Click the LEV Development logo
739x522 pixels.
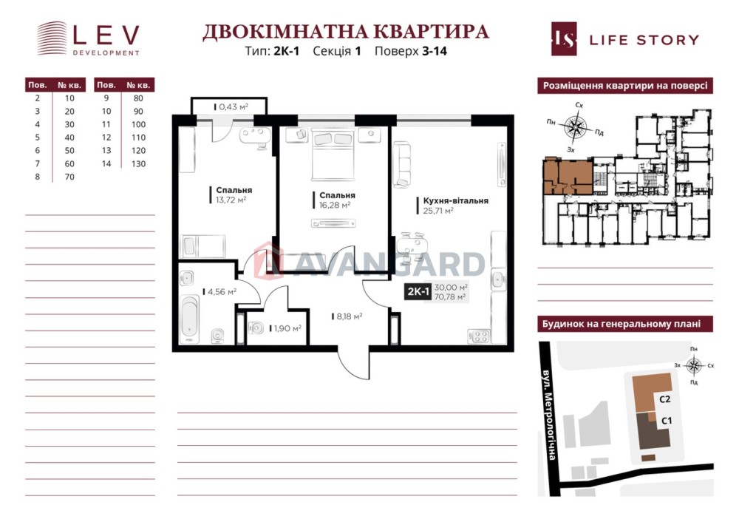[x=88, y=38]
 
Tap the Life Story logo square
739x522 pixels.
[x=564, y=39]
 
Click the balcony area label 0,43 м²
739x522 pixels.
[x=234, y=107]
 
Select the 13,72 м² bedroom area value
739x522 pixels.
[x=231, y=200]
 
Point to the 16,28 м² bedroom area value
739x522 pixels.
[x=335, y=205]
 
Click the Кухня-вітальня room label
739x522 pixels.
[x=456, y=200]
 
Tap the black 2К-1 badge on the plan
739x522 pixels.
[x=418, y=292]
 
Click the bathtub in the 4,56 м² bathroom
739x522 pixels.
[x=189, y=319]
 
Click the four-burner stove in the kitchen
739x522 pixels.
[x=479, y=336]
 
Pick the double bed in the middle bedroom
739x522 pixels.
[x=333, y=155]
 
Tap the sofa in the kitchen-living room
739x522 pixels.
[x=403, y=165]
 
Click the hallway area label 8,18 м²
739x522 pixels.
[x=350, y=316]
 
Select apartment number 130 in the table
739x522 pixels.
[x=139, y=164]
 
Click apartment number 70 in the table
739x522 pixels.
[x=69, y=177]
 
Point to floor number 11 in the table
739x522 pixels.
[x=106, y=124]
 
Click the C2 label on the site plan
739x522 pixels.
[x=664, y=399]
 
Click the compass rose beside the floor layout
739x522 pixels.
[x=576, y=126]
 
